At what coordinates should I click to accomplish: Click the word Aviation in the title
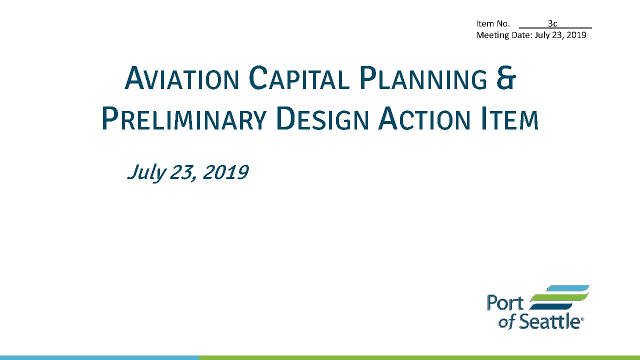181,77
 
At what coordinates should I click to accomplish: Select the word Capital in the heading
299,77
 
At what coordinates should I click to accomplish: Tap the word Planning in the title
423,77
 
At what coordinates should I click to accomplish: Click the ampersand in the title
506,77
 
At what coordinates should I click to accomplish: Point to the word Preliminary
184,118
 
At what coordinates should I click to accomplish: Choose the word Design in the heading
322,118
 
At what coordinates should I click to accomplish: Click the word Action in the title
424,118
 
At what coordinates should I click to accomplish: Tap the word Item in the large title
509,118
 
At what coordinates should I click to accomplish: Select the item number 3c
552,23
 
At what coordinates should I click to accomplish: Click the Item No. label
493,23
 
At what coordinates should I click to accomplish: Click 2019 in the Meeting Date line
576,35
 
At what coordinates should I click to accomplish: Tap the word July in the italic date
146,173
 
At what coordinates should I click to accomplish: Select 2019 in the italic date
225,172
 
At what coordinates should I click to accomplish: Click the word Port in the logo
505,303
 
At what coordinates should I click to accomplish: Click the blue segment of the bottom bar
99,357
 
